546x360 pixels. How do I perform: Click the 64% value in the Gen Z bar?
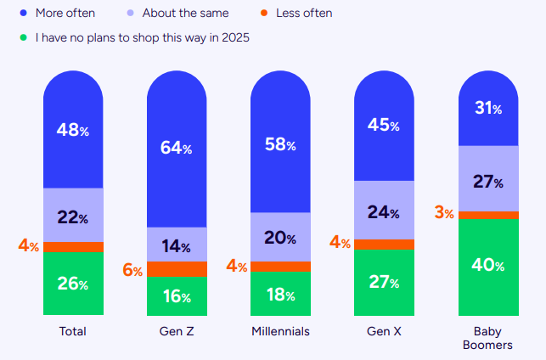click(176, 148)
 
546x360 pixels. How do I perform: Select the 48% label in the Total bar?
click(73, 130)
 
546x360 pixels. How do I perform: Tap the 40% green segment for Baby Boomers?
click(488, 265)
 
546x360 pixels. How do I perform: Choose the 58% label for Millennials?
click(279, 145)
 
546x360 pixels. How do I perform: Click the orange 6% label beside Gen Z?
click(132, 269)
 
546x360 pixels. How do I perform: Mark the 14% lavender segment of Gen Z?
click(176, 246)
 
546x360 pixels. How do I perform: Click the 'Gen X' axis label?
click(384, 331)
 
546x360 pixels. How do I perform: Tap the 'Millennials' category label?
click(279, 331)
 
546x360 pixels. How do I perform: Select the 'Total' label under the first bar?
click(73, 331)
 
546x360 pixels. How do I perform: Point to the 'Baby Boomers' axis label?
click(488, 338)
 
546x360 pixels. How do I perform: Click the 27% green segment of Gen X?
click(384, 282)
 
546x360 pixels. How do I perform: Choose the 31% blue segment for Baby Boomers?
click(488, 109)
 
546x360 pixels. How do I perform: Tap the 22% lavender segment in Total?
click(73, 217)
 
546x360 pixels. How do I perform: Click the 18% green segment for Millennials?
click(279, 294)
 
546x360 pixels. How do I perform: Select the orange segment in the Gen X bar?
click(384, 244)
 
